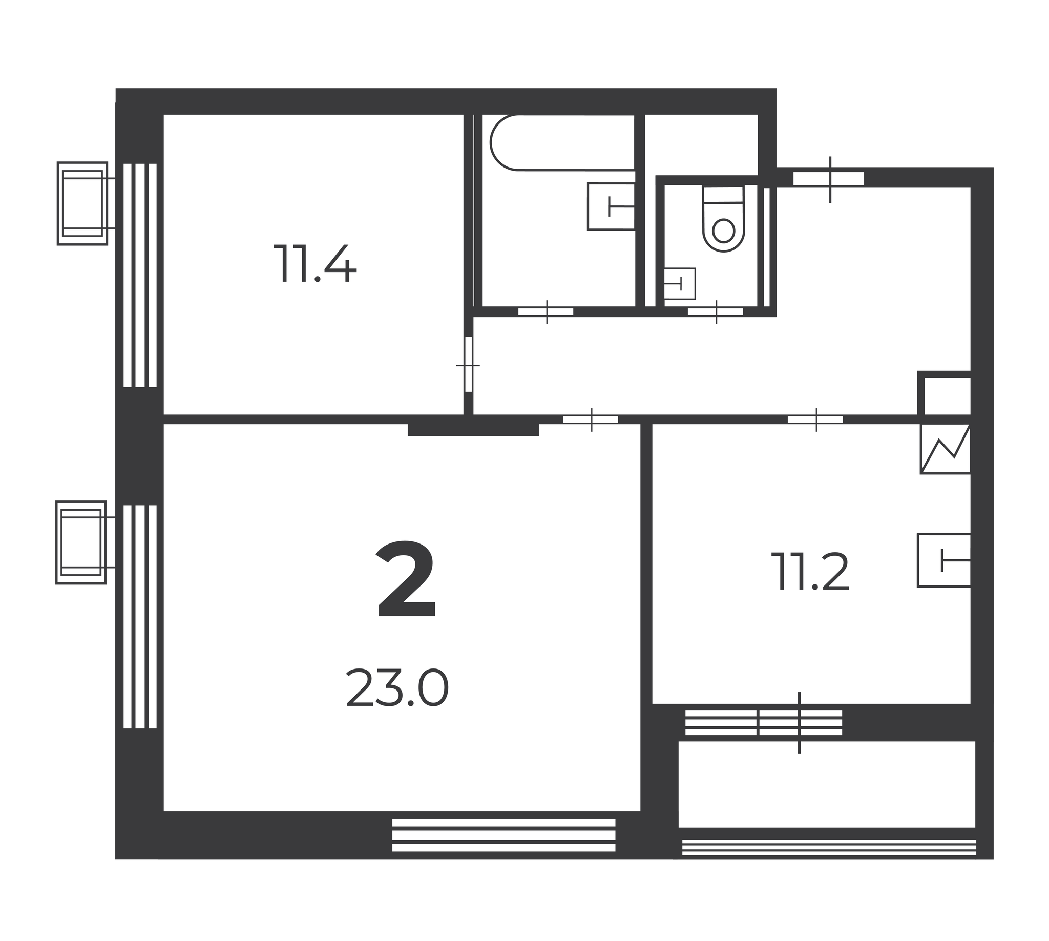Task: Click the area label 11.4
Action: coord(315,263)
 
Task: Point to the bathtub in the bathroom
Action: coord(562,142)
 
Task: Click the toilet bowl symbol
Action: coord(723,219)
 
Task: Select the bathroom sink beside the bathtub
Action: coord(611,206)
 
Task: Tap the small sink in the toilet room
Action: coord(679,283)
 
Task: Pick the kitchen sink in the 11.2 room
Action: coord(943,560)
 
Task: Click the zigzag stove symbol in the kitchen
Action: coord(945,449)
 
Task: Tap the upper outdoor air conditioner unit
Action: coord(82,203)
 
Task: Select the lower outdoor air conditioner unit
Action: coord(81,542)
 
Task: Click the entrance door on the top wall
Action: coord(829,179)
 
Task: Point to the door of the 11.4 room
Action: coord(468,365)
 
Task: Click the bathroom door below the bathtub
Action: coord(546,311)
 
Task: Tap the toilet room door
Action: coord(716,311)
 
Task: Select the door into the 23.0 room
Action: coord(591,420)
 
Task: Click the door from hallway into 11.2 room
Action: coord(815,420)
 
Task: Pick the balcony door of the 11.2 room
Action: coord(799,722)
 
